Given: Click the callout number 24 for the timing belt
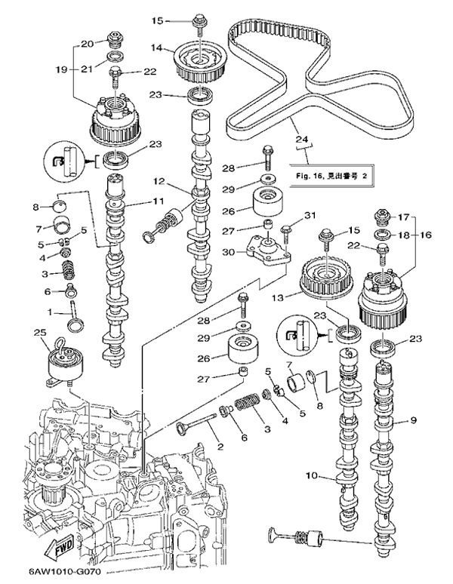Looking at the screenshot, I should [302, 139].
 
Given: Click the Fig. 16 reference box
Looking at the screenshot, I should [330, 176].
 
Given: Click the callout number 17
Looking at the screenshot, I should [402, 216].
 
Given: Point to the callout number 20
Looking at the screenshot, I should [86, 42].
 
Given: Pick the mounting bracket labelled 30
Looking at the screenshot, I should [269, 254].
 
